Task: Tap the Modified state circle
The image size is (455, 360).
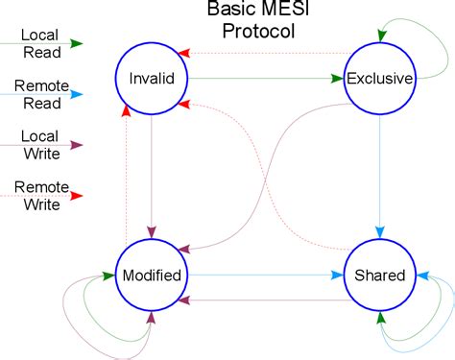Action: coord(152,276)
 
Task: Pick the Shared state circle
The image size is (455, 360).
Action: coord(379,276)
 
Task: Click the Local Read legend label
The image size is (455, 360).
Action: coord(39,43)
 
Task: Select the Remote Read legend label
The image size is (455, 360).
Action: coord(39,94)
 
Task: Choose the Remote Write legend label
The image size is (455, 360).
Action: coord(39,195)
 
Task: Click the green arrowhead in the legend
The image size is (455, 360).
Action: coord(78,43)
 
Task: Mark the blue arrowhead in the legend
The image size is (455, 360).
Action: coord(78,94)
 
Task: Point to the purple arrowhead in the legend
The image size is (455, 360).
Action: coord(78,145)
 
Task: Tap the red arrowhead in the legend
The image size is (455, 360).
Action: coord(78,196)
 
